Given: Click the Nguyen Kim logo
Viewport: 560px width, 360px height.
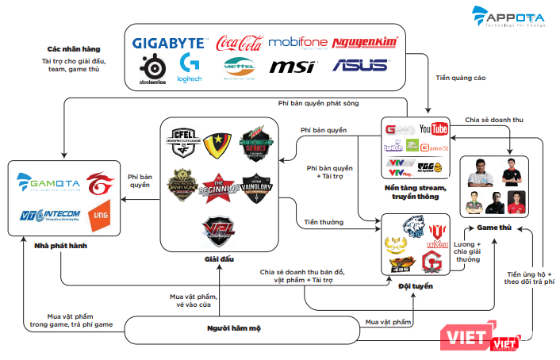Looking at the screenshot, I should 361,43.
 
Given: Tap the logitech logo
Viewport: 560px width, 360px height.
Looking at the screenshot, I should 191,67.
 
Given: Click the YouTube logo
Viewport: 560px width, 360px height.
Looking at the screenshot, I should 433,128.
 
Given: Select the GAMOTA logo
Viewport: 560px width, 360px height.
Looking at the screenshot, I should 48,186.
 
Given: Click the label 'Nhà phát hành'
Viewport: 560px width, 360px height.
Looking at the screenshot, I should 60,247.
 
